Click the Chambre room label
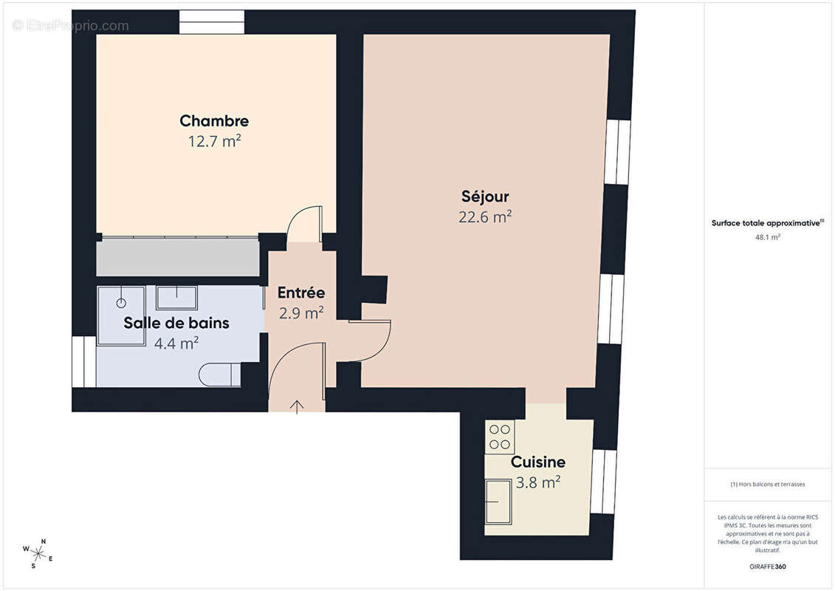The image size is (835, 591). click(x=214, y=120)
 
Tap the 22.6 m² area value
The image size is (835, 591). click(x=485, y=216)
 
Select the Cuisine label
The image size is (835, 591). click(x=538, y=462)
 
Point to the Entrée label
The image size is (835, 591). click(x=300, y=293)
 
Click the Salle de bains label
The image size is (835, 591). click(x=176, y=323)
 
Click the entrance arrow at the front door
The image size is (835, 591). click(x=298, y=406)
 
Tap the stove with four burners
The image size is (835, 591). click(x=500, y=436)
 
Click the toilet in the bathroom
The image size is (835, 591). click(x=220, y=375)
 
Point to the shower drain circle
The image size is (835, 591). click(x=122, y=303)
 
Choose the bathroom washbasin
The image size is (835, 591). click(x=176, y=297)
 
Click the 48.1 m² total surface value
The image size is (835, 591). click(x=768, y=237)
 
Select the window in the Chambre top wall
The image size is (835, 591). click(x=212, y=23)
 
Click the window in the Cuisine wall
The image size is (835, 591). click(x=604, y=482)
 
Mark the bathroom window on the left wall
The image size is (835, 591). click(x=84, y=362)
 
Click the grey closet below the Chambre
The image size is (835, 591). click(x=178, y=257)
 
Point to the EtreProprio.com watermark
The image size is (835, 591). click(x=71, y=26)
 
